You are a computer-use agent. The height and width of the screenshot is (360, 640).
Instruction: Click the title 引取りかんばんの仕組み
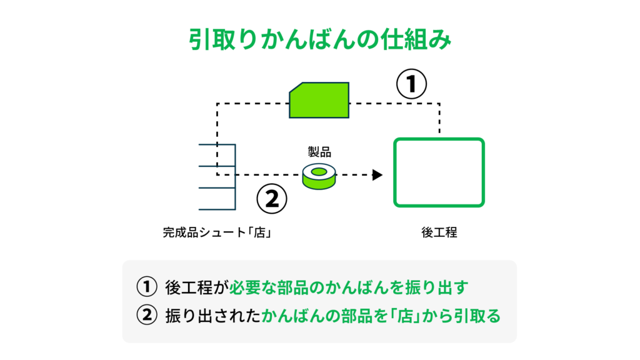pyautogui.click(x=320, y=39)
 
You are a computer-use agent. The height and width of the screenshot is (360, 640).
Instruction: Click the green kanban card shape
pyautogui.click(x=319, y=101)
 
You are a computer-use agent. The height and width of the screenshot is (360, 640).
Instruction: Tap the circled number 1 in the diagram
pyautogui.click(x=411, y=84)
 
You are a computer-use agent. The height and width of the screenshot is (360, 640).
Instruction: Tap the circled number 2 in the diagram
pyautogui.click(x=272, y=199)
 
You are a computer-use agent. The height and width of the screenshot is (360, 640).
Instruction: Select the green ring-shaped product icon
pyautogui.click(x=319, y=176)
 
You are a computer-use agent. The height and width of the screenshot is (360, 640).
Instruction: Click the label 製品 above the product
pyautogui.click(x=319, y=152)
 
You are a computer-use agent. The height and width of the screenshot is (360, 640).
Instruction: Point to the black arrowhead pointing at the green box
pyautogui.click(x=377, y=175)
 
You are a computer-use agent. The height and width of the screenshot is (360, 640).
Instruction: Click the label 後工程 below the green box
pyautogui.click(x=439, y=232)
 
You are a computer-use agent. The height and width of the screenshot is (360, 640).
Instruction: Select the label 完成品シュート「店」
pyautogui.click(x=217, y=232)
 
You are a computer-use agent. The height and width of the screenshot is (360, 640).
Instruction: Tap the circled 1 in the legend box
pyautogui.click(x=146, y=286)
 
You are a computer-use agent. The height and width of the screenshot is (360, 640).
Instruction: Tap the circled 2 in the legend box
pyautogui.click(x=146, y=315)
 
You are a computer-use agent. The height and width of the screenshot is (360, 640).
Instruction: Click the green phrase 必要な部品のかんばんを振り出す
pyautogui.click(x=349, y=287)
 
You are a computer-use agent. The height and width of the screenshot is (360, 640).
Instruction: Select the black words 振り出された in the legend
pyautogui.click(x=212, y=316)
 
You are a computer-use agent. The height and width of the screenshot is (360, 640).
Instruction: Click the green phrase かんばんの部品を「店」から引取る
pyautogui.click(x=381, y=316)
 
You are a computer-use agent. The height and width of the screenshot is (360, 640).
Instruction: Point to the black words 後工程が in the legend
pyautogui.click(x=197, y=287)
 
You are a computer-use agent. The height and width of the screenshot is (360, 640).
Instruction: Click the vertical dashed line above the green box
pyautogui.click(x=439, y=118)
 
